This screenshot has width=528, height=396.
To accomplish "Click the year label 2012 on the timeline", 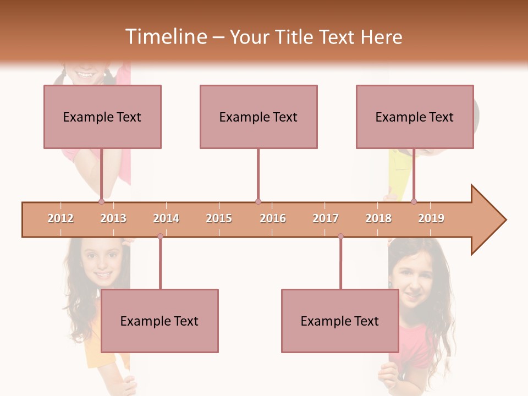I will click(61, 219).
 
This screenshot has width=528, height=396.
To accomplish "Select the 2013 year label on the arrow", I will click(113, 219).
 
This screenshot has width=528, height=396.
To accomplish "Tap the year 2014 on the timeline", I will click(166, 219).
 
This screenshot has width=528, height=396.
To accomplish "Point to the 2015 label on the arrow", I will click(219, 219).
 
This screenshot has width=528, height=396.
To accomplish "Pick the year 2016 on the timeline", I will click(273, 219).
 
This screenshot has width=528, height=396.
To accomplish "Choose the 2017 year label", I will click(326, 219).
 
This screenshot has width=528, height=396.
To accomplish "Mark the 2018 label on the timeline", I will click(378, 219).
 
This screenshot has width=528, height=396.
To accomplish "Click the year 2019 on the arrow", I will click(431, 219).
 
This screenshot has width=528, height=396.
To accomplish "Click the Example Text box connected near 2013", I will click(102, 117).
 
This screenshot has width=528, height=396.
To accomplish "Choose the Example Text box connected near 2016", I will click(258, 117).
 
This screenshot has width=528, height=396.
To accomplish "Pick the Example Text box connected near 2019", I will click(415, 117).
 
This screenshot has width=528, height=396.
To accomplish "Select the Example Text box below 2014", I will click(159, 321).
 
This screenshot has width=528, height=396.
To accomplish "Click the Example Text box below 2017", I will click(340, 321).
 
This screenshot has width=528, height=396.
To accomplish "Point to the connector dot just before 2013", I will click(101, 202).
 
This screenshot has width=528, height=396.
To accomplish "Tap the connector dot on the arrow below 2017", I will click(340, 237).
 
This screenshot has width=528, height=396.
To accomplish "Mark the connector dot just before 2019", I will click(414, 202).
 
